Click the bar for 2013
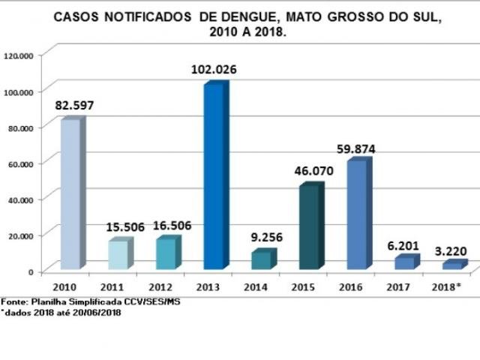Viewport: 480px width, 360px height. (214, 176)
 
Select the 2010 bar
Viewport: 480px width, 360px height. (70, 193)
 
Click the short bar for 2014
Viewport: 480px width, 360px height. (262, 259)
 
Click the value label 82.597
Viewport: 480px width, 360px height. (74, 106)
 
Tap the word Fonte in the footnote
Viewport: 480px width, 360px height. (13, 301)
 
